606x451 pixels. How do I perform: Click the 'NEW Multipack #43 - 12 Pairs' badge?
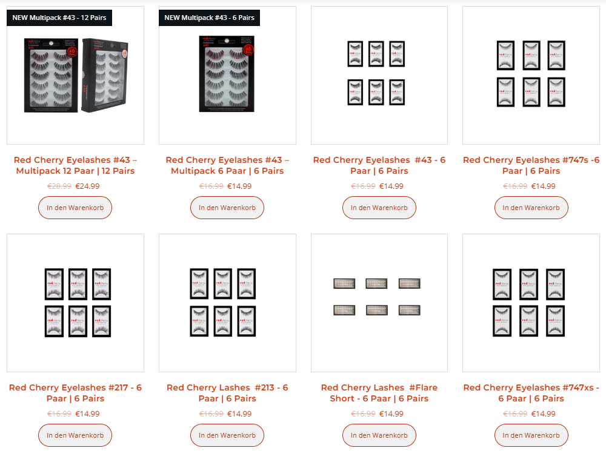(59, 18)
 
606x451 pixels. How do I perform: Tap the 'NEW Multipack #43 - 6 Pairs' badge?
(209, 18)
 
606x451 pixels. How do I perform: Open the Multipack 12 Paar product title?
(75, 165)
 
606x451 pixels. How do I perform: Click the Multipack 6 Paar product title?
(227, 165)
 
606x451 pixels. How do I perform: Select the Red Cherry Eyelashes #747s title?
(531, 165)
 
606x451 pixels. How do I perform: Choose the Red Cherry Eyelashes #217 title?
(75, 393)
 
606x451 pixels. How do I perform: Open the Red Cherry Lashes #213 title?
(227, 393)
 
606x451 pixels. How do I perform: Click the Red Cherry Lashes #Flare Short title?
(379, 393)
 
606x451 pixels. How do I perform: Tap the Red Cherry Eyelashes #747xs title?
(531, 393)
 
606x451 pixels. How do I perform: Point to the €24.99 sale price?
(87, 186)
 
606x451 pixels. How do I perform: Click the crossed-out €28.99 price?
(59, 186)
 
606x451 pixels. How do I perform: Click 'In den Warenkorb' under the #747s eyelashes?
(531, 208)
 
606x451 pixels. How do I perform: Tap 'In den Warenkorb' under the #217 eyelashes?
(75, 435)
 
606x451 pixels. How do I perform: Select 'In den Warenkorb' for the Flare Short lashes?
(379, 435)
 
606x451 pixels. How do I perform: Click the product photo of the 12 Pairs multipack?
(75, 76)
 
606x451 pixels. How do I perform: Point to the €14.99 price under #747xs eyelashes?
(543, 414)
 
